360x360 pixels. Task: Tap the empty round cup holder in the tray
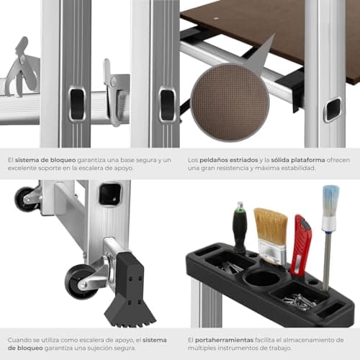coord(264,278)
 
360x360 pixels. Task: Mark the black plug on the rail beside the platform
coord(332,109)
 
